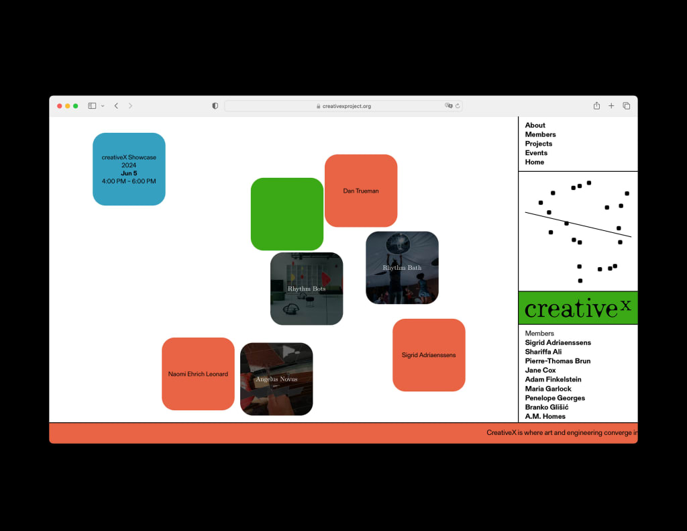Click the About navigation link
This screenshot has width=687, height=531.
click(x=535, y=126)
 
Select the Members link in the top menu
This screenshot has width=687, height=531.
click(x=540, y=135)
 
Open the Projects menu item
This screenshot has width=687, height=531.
click(x=538, y=144)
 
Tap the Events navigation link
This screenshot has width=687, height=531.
click(x=536, y=153)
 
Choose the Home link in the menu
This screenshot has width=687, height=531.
click(x=534, y=162)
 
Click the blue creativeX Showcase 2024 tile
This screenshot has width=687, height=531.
click(x=129, y=169)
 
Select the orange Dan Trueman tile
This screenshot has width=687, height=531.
click(x=361, y=191)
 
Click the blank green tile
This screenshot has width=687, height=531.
click(x=287, y=214)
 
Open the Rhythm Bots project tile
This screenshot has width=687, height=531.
click(x=307, y=289)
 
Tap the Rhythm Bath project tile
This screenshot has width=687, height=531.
click(x=402, y=268)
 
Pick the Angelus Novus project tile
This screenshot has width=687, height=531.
click(x=276, y=379)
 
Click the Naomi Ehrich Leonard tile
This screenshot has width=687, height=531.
click(x=198, y=374)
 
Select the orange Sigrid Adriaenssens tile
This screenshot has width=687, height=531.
click(x=429, y=355)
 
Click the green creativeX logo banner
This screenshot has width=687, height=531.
click(x=578, y=308)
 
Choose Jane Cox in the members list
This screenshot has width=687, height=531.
click(x=540, y=371)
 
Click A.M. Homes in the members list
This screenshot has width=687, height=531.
click(x=545, y=417)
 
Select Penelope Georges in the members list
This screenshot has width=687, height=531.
click(x=555, y=398)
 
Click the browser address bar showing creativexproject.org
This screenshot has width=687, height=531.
click(x=343, y=106)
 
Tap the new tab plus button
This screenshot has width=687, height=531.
click(x=611, y=106)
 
